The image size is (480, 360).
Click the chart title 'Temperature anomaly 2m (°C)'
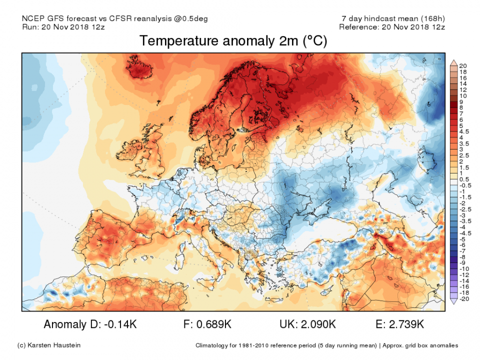[233, 41]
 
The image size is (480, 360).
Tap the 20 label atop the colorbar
[462, 66]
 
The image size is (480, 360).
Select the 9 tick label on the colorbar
[460, 101]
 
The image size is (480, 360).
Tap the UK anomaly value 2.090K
[318, 324]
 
